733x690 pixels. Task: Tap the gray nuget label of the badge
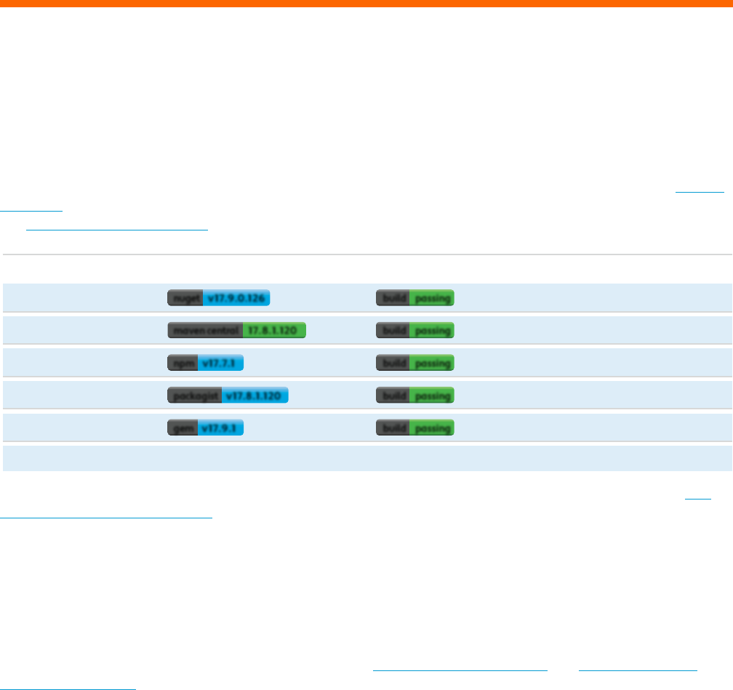185,298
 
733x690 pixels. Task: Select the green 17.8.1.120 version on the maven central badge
274,331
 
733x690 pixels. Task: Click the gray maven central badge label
205,331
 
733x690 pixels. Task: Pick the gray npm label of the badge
177,363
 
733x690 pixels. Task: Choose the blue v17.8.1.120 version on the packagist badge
255,396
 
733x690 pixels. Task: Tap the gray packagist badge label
194,396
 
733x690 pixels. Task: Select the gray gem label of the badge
177,428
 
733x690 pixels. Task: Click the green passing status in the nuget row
432,298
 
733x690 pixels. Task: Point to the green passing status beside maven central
432,331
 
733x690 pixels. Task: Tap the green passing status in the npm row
432,363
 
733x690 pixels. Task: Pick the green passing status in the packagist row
432,396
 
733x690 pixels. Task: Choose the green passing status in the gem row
432,428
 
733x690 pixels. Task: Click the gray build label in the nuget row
393,298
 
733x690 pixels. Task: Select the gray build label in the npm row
393,363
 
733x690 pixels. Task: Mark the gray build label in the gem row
393,428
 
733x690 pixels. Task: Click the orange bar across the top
366,4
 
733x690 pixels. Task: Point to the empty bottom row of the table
366,459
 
